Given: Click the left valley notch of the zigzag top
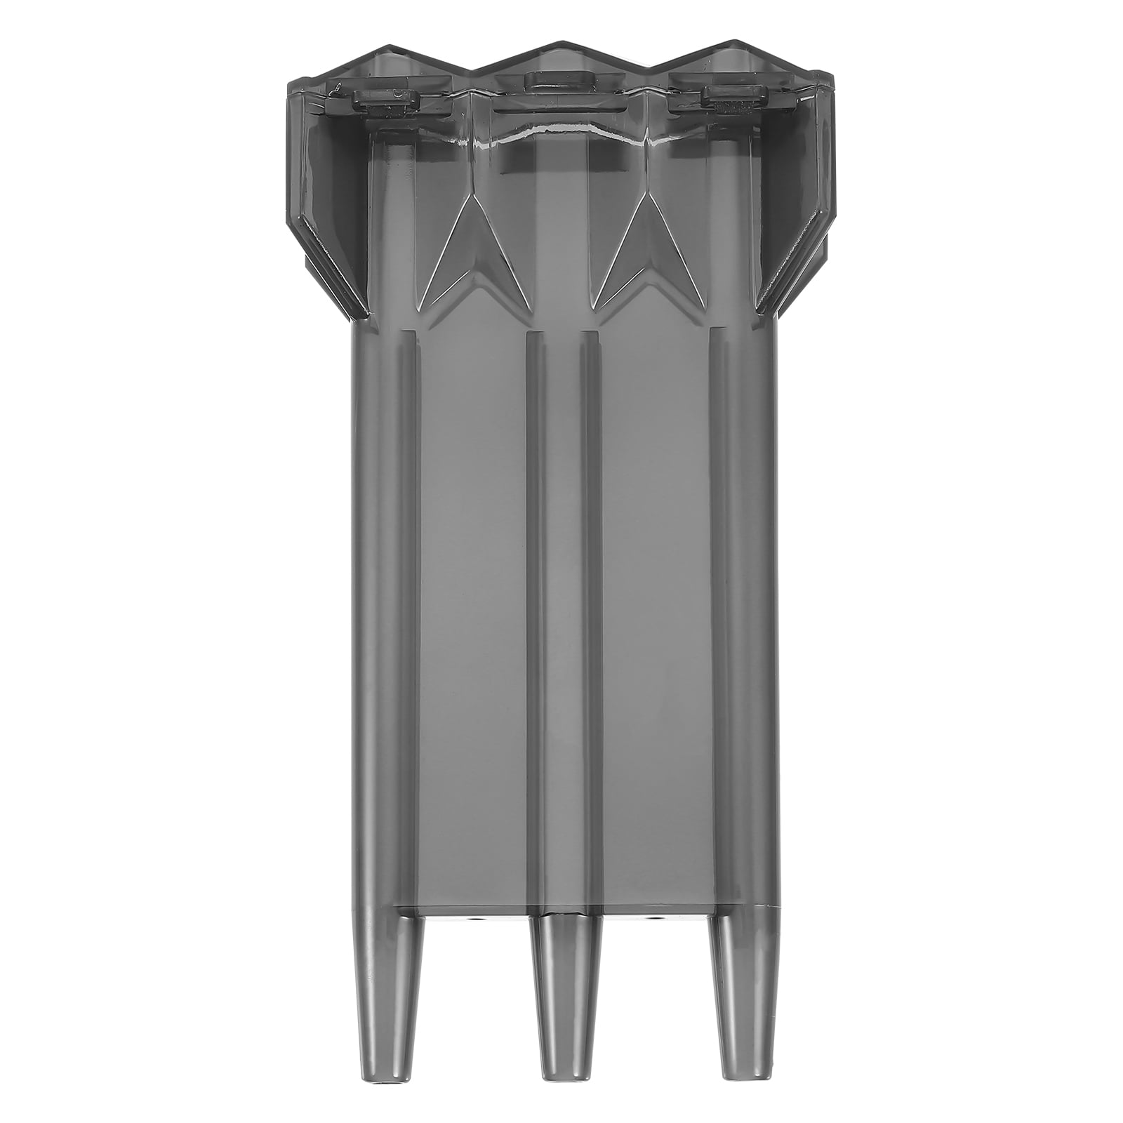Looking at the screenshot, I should pos(471,70).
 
